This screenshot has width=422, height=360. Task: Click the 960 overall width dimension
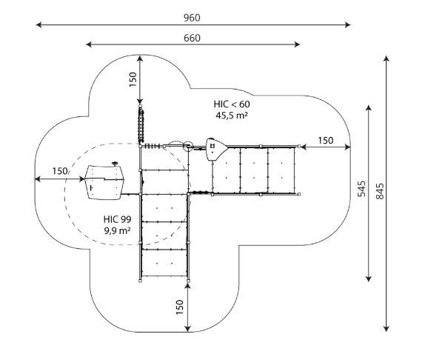tap(192, 18)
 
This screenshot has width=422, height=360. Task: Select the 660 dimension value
tap(192, 39)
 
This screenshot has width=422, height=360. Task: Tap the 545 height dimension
tap(362, 188)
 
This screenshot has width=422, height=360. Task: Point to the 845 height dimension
tap(380, 191)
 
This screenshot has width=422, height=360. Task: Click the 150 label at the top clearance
tap(133, 79)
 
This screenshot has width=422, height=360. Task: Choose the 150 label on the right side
tap(325, 141)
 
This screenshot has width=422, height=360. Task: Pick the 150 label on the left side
tap(60, 171)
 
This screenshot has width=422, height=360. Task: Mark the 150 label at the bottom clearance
tap(179, 307)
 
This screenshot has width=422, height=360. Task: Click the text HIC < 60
tap(232, 104)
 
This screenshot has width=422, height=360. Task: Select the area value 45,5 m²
tap(232, 116)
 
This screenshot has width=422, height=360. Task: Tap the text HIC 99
tap(117, 219)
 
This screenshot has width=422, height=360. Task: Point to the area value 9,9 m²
tap(118, 230)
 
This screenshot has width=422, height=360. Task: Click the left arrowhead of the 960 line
tap(38, 24)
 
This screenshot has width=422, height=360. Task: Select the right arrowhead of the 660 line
tap(297, 44)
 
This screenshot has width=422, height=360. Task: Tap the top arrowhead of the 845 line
tap(386, 59)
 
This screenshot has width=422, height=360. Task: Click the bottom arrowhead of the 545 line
tap(369, 279)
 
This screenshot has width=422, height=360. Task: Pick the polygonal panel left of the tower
tap(104, 182)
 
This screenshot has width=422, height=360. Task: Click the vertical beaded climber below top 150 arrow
tap(141, 124)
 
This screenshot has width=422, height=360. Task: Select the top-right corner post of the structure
tap(299, 146)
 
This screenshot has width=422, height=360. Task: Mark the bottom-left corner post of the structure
tap(140, 281)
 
